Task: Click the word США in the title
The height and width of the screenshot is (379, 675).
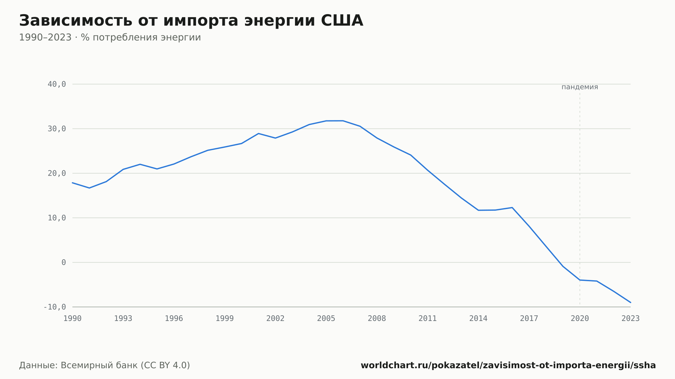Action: pos(342,21)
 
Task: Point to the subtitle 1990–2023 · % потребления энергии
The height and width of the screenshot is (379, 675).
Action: pos(110,37)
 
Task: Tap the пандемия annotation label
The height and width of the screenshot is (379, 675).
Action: pos(580,87)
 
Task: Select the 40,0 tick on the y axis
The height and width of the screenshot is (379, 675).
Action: pos(57,84)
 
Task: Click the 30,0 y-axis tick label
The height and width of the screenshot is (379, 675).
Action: pos(57,129)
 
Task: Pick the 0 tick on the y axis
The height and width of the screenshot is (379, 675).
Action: pos(64,262)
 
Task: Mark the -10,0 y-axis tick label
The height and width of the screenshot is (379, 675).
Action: pos(55,307)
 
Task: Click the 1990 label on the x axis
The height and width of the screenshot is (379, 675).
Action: pos(73,319)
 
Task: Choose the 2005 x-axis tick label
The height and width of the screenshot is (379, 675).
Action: pos(326,319)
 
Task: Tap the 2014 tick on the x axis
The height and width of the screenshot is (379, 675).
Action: pos(478,319)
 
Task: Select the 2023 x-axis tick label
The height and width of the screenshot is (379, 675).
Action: pos(630,319)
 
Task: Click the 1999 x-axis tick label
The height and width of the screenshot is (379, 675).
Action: pos(225,319)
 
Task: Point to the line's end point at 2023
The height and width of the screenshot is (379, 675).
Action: pos(630,302)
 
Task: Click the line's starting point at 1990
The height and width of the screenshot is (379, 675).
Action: pos(73,183)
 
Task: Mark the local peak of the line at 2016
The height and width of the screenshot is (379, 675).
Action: pos(512,207)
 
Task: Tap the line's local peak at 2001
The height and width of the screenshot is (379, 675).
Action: pos(259,134)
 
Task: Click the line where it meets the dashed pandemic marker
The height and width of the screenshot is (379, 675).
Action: pos(580,280)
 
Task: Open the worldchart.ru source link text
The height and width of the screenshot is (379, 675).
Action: pos(508,366)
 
